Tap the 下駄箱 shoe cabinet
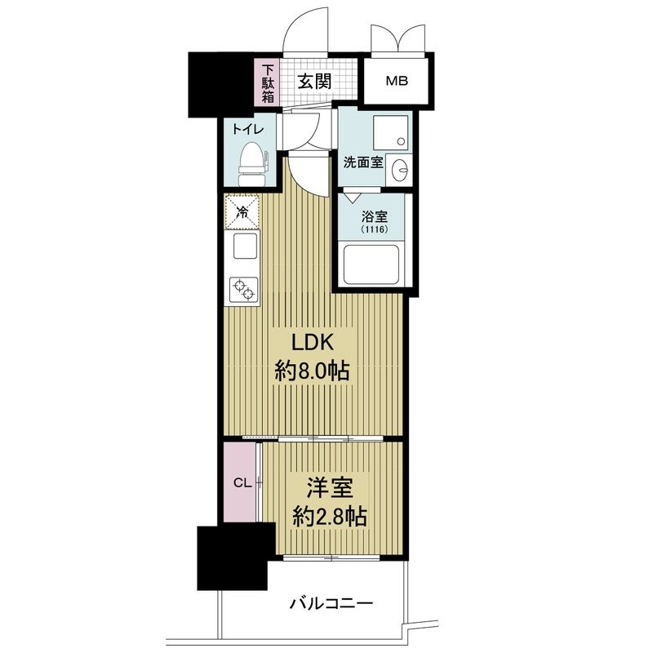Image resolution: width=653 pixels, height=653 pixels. point(268,83)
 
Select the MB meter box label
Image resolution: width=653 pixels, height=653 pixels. point(397,81)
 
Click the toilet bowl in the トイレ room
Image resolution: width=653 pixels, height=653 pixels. point(252,164)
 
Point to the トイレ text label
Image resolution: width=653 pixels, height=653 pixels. point(248,130)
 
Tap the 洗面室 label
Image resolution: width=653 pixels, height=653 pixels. point(363,162)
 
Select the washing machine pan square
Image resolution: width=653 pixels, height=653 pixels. point(390,132)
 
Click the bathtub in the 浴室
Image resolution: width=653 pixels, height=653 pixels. point(370,264)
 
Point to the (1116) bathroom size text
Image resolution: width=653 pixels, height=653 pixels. point(375,229)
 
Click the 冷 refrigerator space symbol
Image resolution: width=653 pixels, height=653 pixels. point(242,212)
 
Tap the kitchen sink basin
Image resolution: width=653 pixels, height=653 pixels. point(245,247)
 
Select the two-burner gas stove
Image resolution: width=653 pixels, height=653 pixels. point(243,290)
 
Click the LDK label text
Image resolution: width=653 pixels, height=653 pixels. point(313,343)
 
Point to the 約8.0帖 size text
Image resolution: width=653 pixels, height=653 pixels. point(312,371)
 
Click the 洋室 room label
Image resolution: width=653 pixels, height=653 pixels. point(330,487)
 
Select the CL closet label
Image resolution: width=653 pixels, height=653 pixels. point(242,483)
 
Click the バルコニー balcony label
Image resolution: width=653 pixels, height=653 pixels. point(331,603)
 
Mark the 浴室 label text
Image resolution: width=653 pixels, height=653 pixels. point(375,216)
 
